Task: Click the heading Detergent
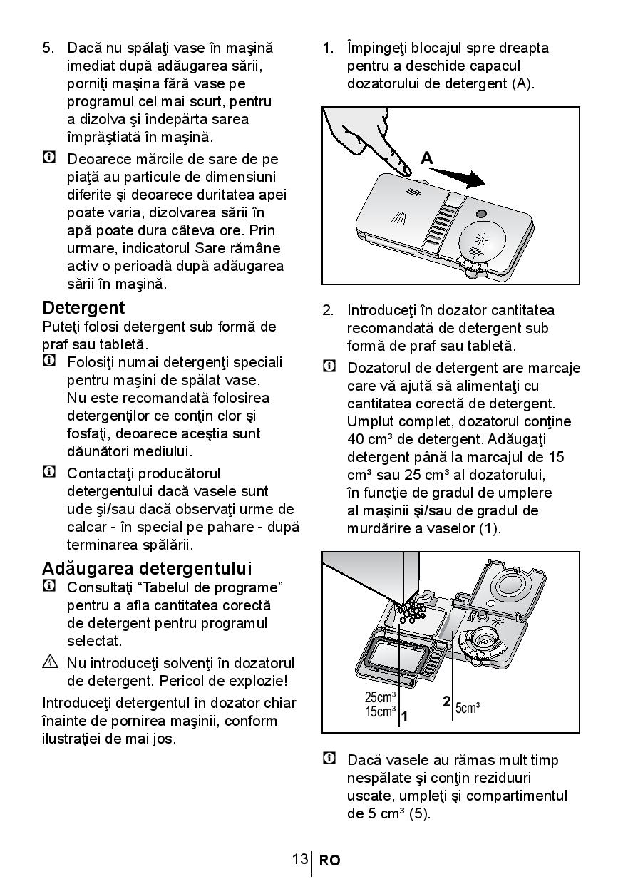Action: pyautogui.click(x=83, y=308)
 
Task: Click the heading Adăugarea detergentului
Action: pyautogui.click(x=147, y=569)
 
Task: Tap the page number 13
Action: pyautogui.click(x=299, y=859)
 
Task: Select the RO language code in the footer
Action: pyautogui.click(x=329, y=860)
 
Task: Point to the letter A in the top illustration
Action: pyautogui.click(x=427, y=158)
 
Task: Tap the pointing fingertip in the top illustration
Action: pyautogui.click(x=405, y=169)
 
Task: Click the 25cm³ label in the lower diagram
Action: pyautogui.click(x=380, y=697)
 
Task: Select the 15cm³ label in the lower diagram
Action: pyautogui.click(x=380, y=711)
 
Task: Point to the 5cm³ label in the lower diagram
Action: pyautogui.click(x=467, y=707)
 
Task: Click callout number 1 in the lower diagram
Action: pyautogui.click(x=404, y=716)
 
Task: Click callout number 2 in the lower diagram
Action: pyautogui.click(x=446, y=701)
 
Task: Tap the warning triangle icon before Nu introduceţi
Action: pyautogui.click(x=49, y=662)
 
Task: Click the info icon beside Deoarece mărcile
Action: pyautogui.click(x=49, y=158)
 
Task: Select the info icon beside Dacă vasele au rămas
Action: pyautogui.click(x=329, y=759)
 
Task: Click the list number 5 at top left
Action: pyautogui.click(x=48, y=48)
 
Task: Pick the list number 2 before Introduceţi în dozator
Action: pyautogui.click(x=328, y=310)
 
